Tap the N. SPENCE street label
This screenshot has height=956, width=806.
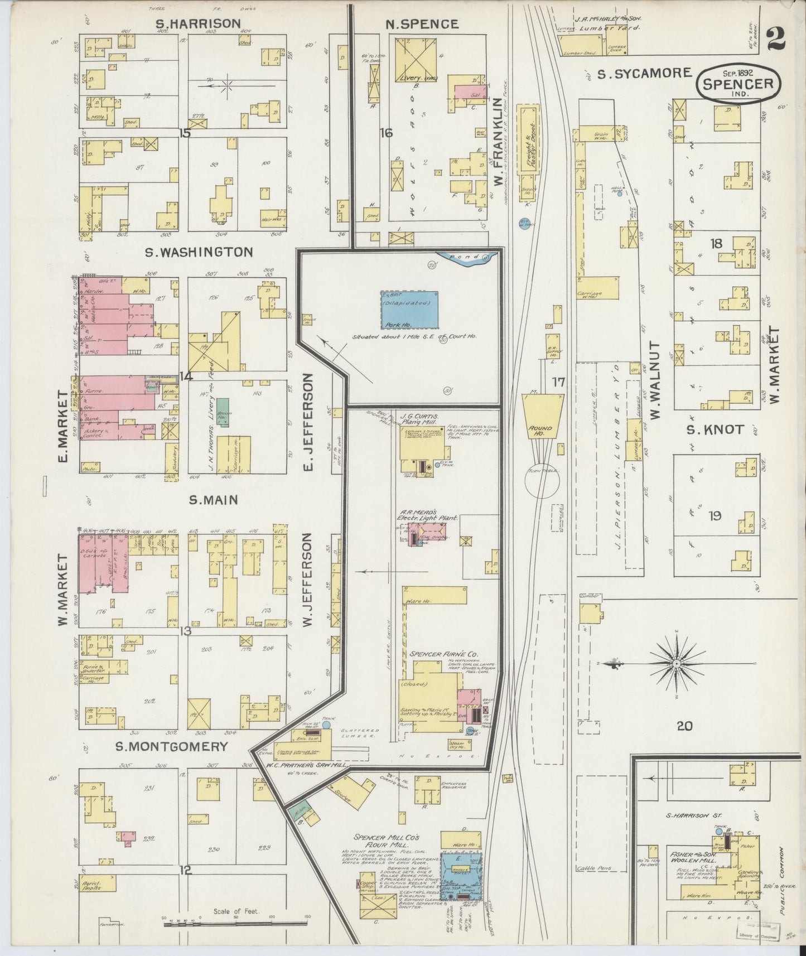pyautogui.click(x=422, y=24)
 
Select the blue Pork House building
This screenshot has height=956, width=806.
pyautogui.click(x=409, y=310)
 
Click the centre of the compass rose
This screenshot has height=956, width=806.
pyautogui.click(x=676, y=664)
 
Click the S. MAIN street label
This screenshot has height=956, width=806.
pyautogui.click(x=213, y=500)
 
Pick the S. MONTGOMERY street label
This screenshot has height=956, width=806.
pyautogui.click(x=172, y=747)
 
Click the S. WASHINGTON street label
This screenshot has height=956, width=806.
pyautogui.click(x=199, y=252)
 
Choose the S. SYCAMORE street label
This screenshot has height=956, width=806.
pyautogui.click(x=644, y=73)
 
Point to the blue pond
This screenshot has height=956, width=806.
pyautogui.click(x=466, y=258)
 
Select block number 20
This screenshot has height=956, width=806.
pyautogui.click(x=684, y=726)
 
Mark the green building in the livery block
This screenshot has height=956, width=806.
pyautogui.click(x=223, y=412)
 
